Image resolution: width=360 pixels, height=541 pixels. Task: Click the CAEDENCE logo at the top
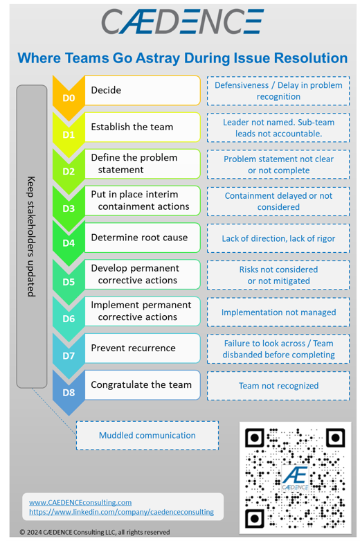coord(181,21)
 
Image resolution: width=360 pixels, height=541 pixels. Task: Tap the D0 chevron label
coord(69,98)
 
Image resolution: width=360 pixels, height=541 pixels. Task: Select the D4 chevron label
coord(69,244)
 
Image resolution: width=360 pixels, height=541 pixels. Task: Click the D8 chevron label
coord(69,393)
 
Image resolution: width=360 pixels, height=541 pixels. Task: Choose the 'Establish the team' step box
coord(144,127)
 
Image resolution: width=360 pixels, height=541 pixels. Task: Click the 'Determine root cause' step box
coord(144,238)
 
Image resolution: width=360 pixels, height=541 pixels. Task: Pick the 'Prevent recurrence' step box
coord(144,348)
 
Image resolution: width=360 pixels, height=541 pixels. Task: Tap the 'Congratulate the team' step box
coord(144,384)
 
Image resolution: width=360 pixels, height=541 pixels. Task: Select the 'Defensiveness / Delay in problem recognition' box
coord(278,91)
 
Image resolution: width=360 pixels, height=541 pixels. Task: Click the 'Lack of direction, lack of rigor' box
coord(278,238)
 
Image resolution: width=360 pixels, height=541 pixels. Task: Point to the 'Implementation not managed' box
coord(278,312)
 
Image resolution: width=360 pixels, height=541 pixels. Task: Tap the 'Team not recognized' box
coord(278,386)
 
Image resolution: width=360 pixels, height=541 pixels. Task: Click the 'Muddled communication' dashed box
coord(147,435)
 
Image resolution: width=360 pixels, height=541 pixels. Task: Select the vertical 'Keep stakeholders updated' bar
coord(31,236)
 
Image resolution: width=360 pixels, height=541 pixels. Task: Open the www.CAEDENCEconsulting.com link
coord(80,502)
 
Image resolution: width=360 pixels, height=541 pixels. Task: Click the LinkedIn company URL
coord(121,512)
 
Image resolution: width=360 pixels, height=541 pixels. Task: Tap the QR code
coord(295,477)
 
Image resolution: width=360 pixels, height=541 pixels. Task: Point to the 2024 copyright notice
coord(94,532)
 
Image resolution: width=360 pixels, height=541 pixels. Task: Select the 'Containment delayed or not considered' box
coord(278,202)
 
